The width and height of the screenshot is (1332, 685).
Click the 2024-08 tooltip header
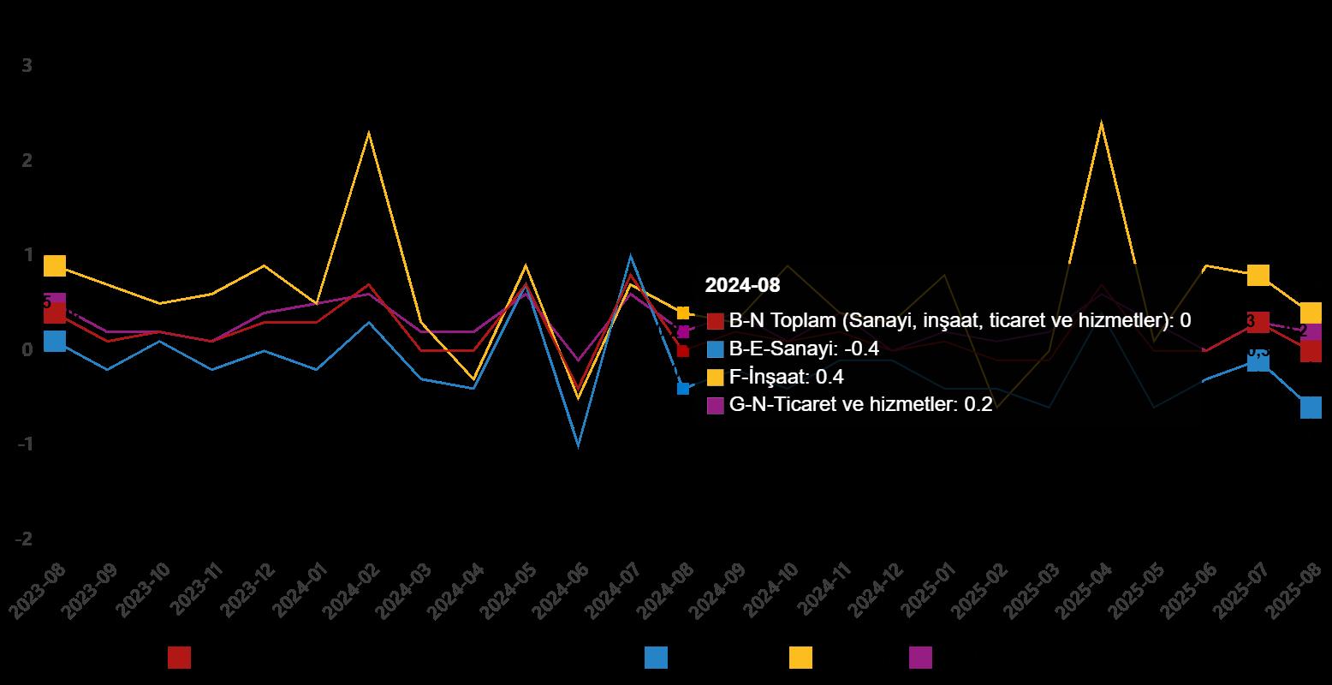(x=742, y=285)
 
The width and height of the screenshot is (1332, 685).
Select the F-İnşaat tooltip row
(x=786, y=377)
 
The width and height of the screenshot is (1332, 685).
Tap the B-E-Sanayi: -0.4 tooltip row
(x=803, y=348)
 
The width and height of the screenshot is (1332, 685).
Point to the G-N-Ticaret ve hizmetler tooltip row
(x=859, y=405)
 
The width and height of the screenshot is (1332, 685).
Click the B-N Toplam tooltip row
(x=959, y=321)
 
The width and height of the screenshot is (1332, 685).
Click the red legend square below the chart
(x=179, y=658)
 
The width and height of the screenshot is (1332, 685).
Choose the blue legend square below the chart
(x=656, y=658)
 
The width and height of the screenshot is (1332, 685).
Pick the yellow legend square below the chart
(x=800, y=658)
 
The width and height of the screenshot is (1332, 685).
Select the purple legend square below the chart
(x=920, y=658)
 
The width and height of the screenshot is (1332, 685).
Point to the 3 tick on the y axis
(x=27, y=66)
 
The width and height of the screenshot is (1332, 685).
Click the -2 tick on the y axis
(x=23, y=539)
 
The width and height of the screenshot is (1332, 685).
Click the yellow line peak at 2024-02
(x=369, y=132)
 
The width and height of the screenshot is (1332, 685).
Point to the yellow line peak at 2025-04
(x=1101, y=122)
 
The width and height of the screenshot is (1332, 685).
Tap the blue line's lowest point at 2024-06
(x=579, y=445)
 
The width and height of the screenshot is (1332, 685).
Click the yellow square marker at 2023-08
(x=55, y=265)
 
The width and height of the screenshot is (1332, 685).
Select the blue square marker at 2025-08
(x=1311, y=408)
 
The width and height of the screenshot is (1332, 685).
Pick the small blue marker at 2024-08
(x=683, y=388)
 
